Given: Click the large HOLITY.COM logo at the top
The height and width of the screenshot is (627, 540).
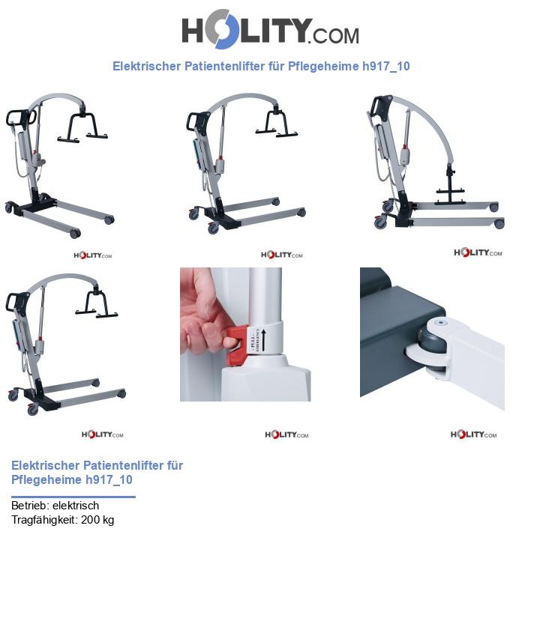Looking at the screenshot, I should pos(270,31).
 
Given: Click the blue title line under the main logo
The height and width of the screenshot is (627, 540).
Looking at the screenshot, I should pos(261,66).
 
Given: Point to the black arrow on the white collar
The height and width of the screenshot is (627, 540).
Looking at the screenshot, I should pos(264,342).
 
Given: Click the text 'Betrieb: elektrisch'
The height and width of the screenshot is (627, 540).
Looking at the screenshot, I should pos(55,506).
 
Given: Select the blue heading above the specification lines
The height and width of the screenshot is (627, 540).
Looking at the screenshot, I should pos(97,472).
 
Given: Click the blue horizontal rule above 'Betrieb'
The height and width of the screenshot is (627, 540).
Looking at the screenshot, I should pos(73,497).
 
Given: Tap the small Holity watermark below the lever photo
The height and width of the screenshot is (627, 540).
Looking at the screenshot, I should pos(286,434).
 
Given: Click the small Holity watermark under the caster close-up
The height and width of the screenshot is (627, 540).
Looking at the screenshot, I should pos(473,434).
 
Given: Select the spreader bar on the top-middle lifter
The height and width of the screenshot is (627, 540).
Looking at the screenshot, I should pos(276,123).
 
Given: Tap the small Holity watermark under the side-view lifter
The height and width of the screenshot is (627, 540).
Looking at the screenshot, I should pos(476,252).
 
